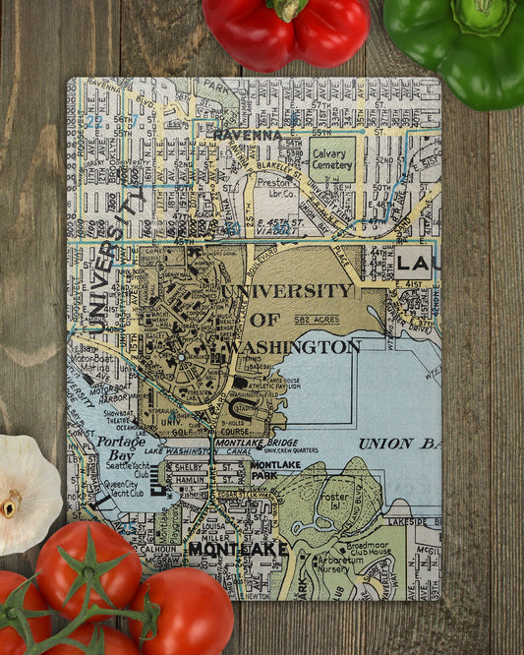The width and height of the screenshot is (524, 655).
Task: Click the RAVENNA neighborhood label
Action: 247,135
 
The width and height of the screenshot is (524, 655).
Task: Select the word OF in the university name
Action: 264,320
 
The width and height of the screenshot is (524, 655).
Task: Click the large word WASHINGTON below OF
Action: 294,346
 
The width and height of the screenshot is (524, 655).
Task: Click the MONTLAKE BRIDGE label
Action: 254,444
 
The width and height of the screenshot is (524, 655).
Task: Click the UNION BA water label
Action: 398,444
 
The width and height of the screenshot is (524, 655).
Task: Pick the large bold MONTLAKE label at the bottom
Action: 238,549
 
